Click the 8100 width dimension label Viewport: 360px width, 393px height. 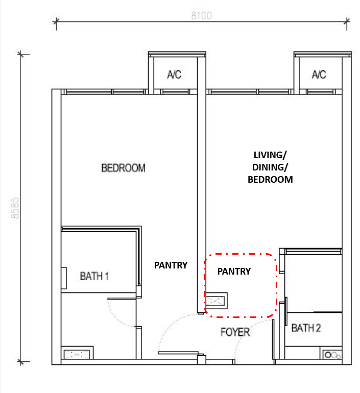(x=201, y=16)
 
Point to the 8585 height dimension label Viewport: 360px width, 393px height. (x=15, y=208)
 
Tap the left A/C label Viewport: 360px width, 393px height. (x=174, y=75)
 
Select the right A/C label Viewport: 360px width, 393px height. (x=319, y=75)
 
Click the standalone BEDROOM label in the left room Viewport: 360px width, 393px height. (x=124, y=168)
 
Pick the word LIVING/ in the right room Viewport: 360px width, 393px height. (x=270, y=155)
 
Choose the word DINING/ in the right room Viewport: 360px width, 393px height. (x=270, y=167)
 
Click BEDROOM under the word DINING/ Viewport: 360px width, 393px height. (x=270, y=180)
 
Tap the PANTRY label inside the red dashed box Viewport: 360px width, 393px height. (x=234, y=271)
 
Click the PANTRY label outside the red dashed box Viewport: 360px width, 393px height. (x=171, y=265)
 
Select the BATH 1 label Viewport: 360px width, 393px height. (x=94, y=276)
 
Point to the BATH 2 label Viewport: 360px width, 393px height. (x=306, y=328)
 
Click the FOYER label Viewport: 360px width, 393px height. (x=235, y=332)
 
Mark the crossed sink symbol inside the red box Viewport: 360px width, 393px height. (x=217, y=301)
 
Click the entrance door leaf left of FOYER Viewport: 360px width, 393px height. (x=178, y=353)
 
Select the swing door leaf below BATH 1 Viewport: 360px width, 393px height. (x=122, y=299)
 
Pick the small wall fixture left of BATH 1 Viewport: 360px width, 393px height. (x=64, y=278)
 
